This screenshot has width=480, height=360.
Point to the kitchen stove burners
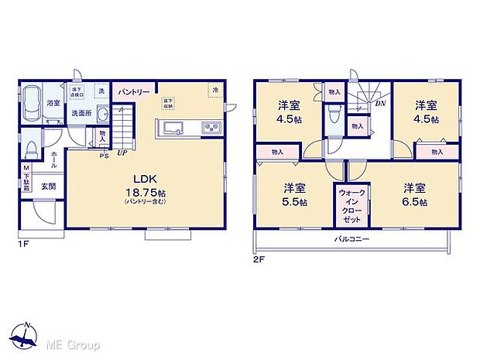click(211, 128)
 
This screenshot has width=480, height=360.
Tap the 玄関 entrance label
click(48, 186)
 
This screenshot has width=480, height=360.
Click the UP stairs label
click(122, 152)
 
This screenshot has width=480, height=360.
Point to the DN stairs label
click(380, 103)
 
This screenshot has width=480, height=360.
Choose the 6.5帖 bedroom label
click(414, 194)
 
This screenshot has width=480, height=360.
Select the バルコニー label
click(352, 239)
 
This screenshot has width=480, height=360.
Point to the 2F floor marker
click(259, 259)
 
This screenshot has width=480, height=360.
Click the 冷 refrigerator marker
click(214, 91)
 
